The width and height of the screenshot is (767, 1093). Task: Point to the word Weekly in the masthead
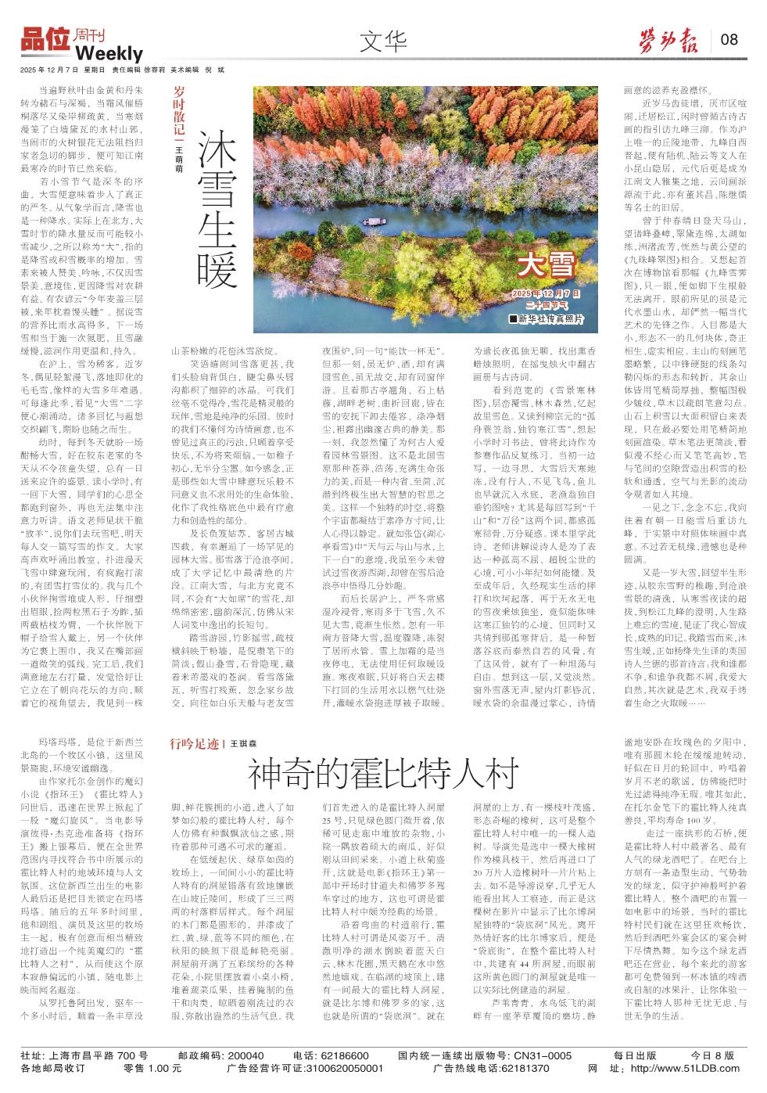109,54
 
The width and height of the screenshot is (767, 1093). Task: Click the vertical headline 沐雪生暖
217,209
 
